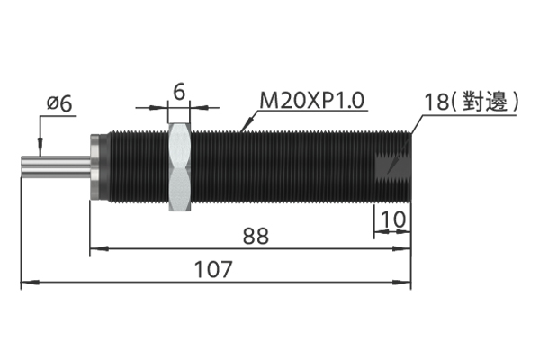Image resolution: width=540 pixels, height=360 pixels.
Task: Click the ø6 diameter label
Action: click(59, 104)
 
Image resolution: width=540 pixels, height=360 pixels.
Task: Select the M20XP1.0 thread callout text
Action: click(312, 101)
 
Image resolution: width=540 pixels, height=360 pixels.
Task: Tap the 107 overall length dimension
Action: click(213, 269)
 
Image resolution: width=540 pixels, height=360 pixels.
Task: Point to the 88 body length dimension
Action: click(256, 236)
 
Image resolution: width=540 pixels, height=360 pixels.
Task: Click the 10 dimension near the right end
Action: click(393, 219)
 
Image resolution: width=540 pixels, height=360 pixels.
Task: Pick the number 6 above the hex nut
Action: click(179, 92)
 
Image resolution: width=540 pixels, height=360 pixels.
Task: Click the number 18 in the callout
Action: click(436, 102)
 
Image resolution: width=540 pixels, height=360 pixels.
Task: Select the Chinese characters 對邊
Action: click(485, 102)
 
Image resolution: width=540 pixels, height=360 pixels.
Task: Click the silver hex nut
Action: click(179, 167)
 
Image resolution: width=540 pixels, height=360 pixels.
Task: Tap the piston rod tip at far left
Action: click(22, 167)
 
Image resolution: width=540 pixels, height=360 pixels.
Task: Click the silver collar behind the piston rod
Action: click(94, 167)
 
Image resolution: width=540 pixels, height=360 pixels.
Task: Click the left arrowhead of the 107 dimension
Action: click(30, 283)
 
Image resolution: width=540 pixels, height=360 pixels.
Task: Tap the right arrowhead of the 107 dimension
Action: click(402, 283)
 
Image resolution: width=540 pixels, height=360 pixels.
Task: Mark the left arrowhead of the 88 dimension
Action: click(99, 248)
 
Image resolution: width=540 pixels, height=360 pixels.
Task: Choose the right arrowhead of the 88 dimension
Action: click(402, 248)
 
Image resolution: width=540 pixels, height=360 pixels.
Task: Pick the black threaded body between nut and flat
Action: click(283, 167)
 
